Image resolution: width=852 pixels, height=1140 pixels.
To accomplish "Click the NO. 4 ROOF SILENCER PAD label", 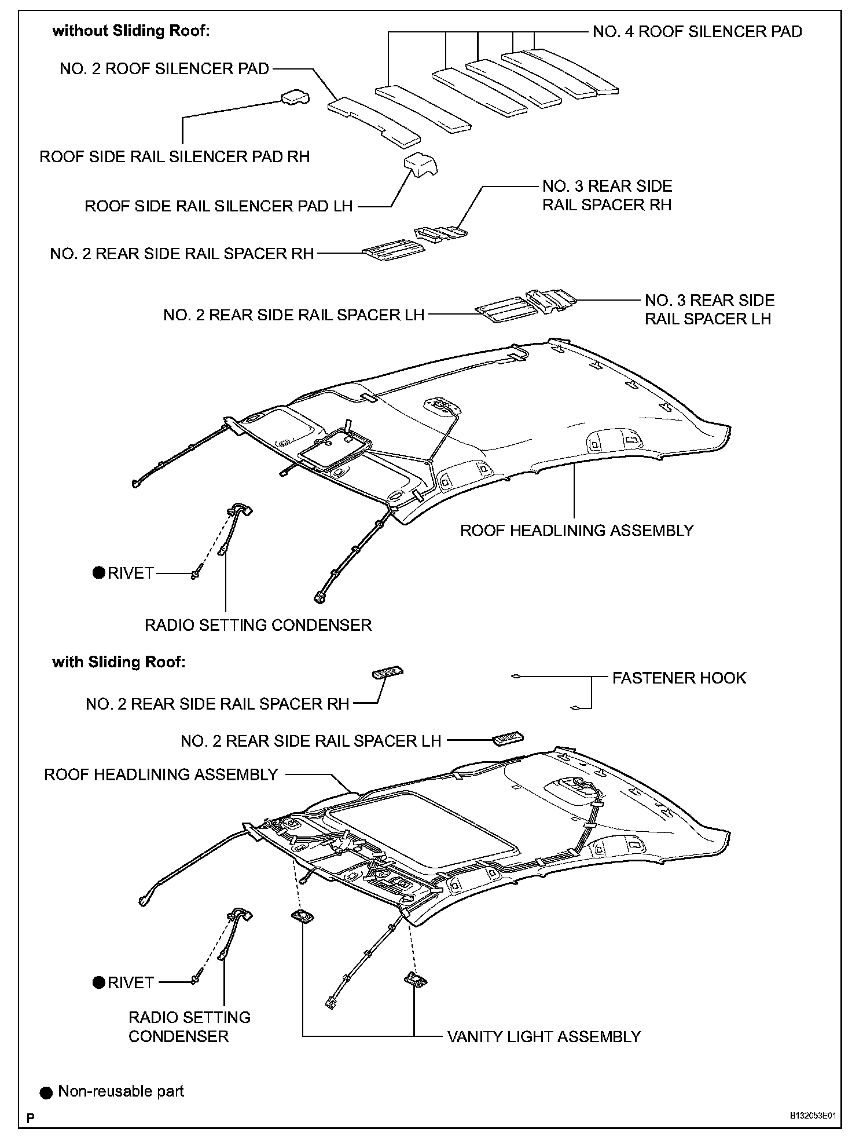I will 697,31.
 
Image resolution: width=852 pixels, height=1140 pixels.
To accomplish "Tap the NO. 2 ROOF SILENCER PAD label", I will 164,69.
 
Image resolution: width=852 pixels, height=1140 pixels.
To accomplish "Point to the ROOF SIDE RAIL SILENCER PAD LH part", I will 420,165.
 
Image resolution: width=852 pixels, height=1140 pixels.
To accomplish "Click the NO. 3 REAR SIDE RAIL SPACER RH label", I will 607,196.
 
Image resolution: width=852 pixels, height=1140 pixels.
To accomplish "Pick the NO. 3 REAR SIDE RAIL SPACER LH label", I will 709,309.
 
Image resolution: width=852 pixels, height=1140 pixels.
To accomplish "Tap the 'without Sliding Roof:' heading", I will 131,31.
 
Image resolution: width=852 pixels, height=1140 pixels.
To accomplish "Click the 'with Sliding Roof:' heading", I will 119,662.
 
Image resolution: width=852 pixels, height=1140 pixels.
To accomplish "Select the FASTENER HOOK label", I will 679,678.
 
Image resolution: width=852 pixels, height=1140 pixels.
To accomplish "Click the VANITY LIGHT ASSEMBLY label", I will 543,1036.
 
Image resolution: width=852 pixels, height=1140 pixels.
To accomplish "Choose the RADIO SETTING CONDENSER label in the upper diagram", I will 258,625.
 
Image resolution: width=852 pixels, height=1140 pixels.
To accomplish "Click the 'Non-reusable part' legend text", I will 121,1091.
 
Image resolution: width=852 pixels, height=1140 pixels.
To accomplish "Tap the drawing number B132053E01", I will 813,1116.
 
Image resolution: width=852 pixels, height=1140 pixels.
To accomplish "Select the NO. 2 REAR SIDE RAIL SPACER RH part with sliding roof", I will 387,673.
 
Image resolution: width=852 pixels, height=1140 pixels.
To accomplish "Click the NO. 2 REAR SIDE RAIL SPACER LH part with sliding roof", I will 508,739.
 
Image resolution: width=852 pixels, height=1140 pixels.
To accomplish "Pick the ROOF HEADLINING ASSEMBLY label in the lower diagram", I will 161,774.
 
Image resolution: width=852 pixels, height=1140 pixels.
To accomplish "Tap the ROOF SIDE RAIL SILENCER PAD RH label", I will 174,156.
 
